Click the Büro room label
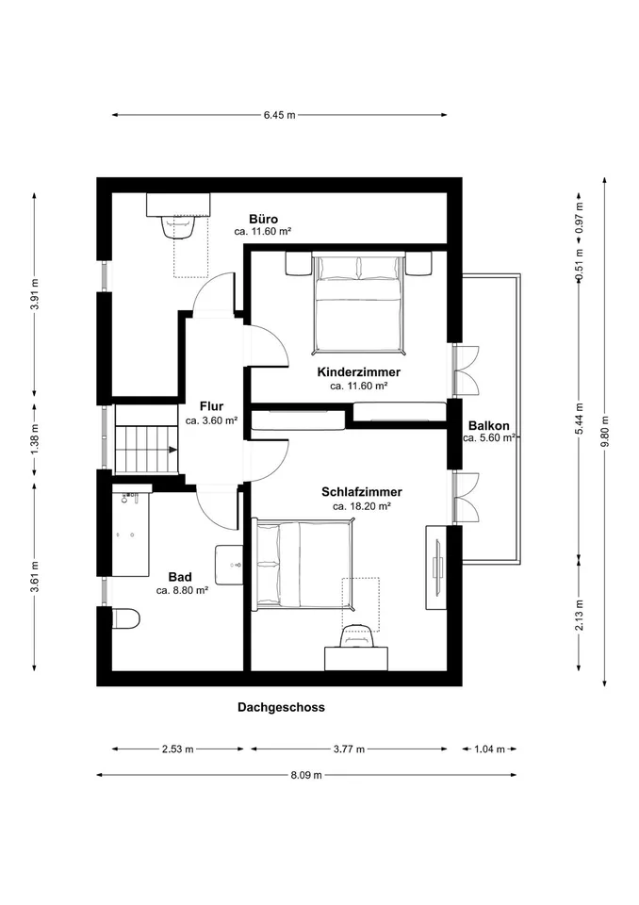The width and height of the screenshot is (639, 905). (263, 219)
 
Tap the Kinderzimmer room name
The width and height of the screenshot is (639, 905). (358, 372)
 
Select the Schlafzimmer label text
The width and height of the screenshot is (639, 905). (361, 492)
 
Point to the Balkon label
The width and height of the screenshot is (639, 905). (488, 426)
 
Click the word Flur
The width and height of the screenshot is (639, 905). (211, 406)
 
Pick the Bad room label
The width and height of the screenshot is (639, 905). (179, 577)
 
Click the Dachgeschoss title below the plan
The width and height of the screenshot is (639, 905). (281, 708)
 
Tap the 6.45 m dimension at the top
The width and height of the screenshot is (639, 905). (279, 115)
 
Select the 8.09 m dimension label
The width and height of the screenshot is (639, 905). (306, 775)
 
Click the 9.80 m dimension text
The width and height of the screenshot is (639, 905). (604, 432)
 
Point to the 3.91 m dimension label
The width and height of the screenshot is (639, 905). (35, 294)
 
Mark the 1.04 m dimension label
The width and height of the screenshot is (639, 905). (489, 749)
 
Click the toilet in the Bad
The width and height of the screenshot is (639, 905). (126, 618)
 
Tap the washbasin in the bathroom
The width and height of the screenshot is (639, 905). (229, 565)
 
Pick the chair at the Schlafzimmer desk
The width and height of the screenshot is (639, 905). (357, 636)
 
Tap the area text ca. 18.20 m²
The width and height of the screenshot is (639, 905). (362, 506)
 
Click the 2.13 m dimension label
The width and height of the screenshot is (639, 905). (580, 615)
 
